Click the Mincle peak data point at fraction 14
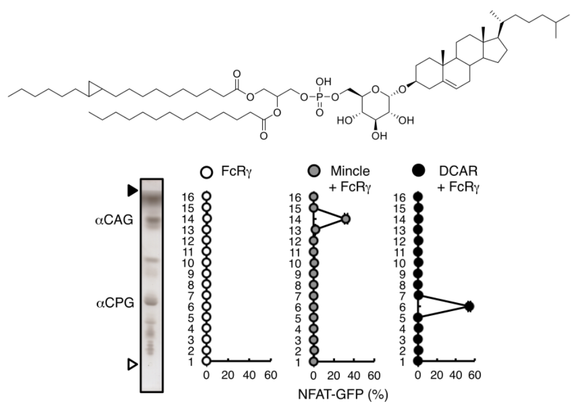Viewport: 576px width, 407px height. [346, 219]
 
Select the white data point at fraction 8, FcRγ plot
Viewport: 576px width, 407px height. [206, 284]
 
